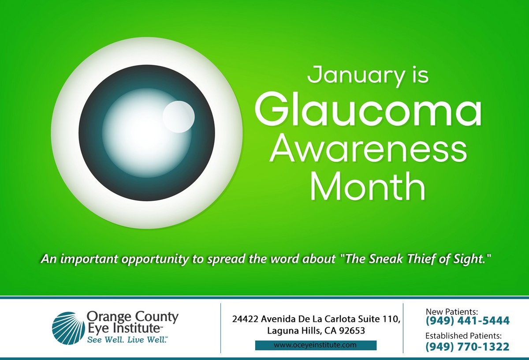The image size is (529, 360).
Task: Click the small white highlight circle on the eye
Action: pyautogui.click(x=179, y=116)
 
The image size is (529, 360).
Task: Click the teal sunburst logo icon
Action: pyautogui.click(x=68, y=328)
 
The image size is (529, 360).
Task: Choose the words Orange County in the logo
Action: pyautogui.click(x=133, y=316)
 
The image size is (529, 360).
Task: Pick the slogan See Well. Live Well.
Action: pyautogui.click(x=127, y=340)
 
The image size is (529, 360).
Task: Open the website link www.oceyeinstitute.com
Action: pyautogui.click(x=315, y=345)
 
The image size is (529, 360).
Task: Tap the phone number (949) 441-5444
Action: pyautogui.click(x=467, y=320)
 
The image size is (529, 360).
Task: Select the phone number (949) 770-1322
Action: pyautogui.click(x=467, y=347)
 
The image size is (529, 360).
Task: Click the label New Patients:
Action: pyautogui.click(x=452, y=311)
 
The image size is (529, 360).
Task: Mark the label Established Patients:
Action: pyautogui.click(x=463, y=336)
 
